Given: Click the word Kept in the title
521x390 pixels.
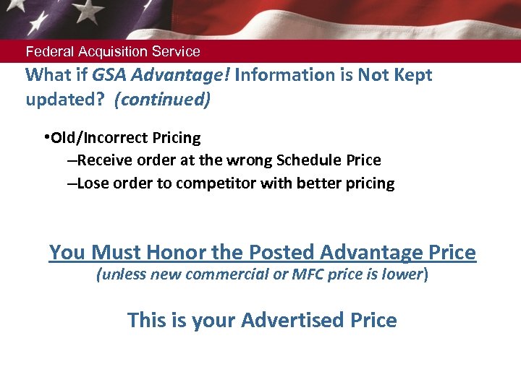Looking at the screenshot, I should click(x=412, y=75).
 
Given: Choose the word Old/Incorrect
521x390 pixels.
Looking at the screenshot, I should click(x=98, y=137).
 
